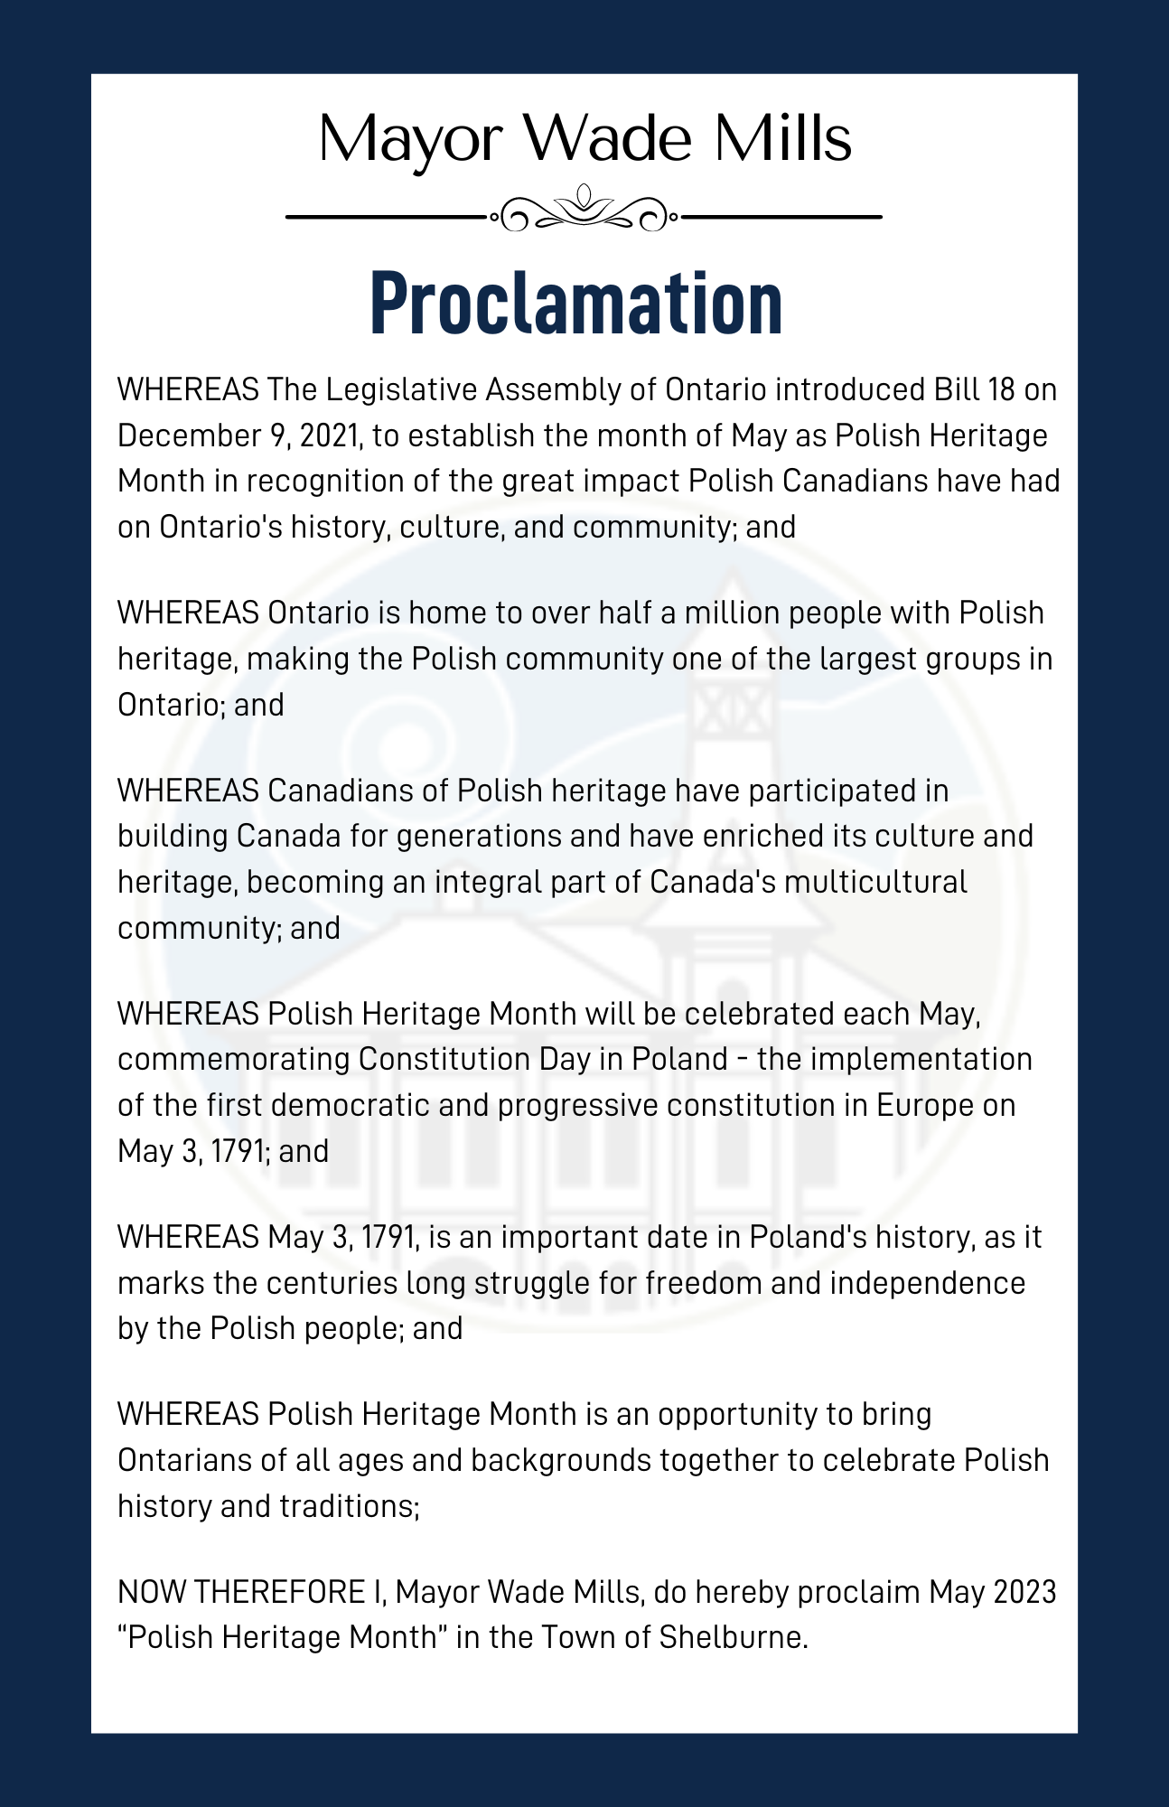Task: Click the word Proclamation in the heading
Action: [576, 304]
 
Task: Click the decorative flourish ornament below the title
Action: [584, 211]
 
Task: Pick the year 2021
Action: [330, 435]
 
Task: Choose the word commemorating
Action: [232, 1059]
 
